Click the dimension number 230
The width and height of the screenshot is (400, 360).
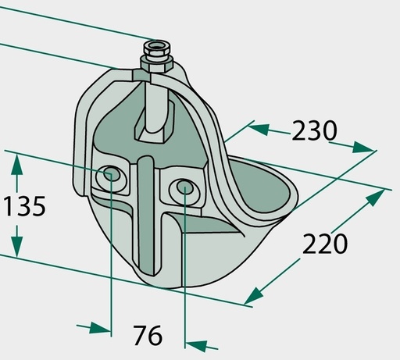[314, 130]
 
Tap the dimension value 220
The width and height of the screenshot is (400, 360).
[325, 244]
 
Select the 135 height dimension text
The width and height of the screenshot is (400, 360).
[25, 206]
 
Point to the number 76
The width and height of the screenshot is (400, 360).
[148, 335]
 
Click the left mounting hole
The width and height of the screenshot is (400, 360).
[111, 173]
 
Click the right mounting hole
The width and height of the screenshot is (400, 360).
[184, 187]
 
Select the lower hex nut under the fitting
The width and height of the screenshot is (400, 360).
[155, 64]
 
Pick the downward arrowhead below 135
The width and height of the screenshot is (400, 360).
[17, 247]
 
